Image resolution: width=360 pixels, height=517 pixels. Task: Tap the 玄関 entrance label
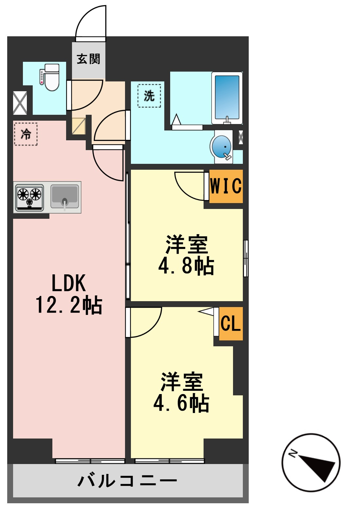[88, 59]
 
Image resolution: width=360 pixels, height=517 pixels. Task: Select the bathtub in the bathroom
[227, 98]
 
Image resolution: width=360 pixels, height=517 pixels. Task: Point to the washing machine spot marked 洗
[149, 96]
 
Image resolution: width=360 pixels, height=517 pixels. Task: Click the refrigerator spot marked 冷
[26, 134]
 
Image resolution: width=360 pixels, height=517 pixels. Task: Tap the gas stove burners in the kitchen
[29, 197]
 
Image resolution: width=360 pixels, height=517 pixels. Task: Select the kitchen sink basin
[64, 196]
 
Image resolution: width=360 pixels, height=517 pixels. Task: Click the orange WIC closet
[226, 186]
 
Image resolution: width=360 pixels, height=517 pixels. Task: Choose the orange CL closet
[231, 323]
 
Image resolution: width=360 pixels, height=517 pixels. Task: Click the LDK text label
[69, 283]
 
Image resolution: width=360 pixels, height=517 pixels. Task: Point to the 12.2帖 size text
[69, 305]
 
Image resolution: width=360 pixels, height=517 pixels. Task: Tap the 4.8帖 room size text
[186, 266]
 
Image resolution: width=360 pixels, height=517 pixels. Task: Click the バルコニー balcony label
[127, 481]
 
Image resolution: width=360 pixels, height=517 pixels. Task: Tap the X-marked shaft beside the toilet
[20, 103]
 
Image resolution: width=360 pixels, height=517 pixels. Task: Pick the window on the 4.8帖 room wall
[246, 258]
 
